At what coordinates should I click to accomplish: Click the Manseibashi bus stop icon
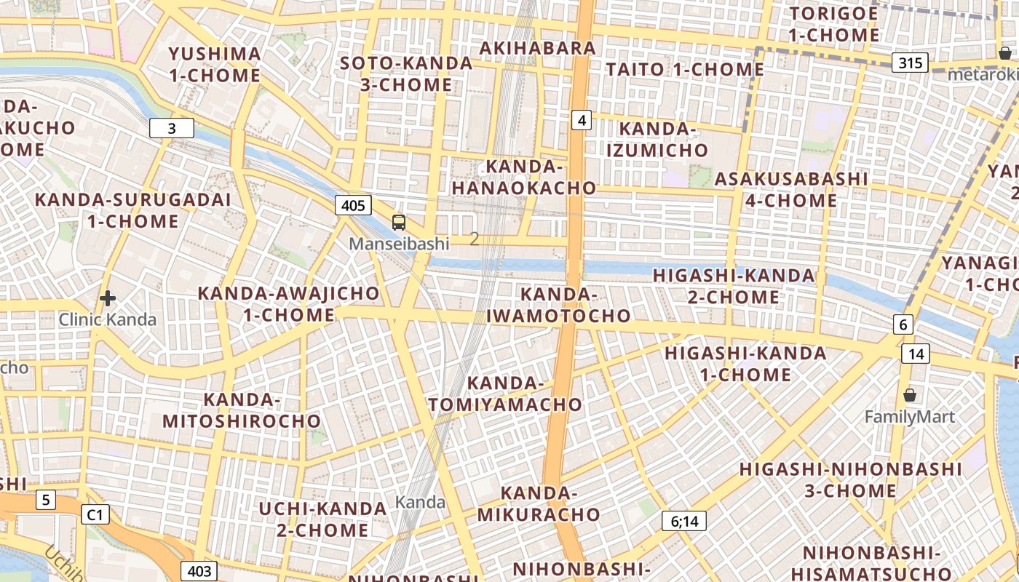click(x=398, y=223)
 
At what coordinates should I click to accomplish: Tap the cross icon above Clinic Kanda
click(x=108, y=298)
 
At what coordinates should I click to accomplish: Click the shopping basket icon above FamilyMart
click(x=909, y=395)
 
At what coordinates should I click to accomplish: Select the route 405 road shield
click(x=353, y=205)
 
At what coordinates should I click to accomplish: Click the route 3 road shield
click(x=172, y=129)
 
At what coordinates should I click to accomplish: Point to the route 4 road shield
click(x=581, y=119)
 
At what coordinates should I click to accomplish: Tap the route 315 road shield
click(x=910, y=63)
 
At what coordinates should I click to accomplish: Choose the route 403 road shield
click(x=199, y=571)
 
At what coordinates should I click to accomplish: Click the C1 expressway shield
click(x=95, y=515)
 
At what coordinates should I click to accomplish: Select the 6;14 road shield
click(x=683, y=521)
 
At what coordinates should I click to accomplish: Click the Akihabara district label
click(x=538, y=48)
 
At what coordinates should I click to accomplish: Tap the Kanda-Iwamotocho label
click(x=558, y=305)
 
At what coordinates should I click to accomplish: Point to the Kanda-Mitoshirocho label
click(x=242, y=410)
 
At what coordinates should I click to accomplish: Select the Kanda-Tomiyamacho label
click(x=506, y=394)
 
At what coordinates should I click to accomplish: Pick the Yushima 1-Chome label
click(x=215, y=64)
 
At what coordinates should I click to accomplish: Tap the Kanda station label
click(x=420, y=502)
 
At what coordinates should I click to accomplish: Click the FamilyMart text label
click(x=909, y=417)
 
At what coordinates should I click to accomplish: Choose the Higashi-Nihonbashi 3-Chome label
click(x=850, y=479)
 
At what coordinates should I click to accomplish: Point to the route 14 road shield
click(x=915, y=354)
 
